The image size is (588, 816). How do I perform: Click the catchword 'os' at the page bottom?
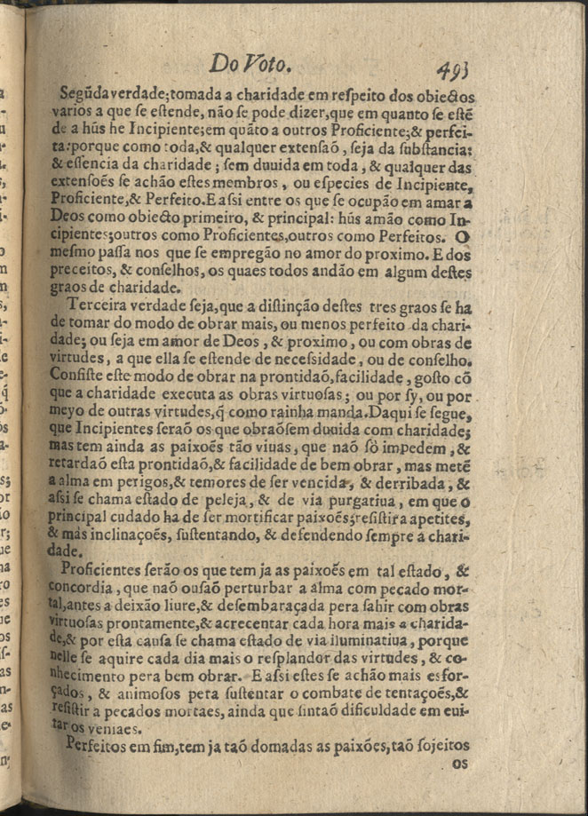click(x=458, y=763)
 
